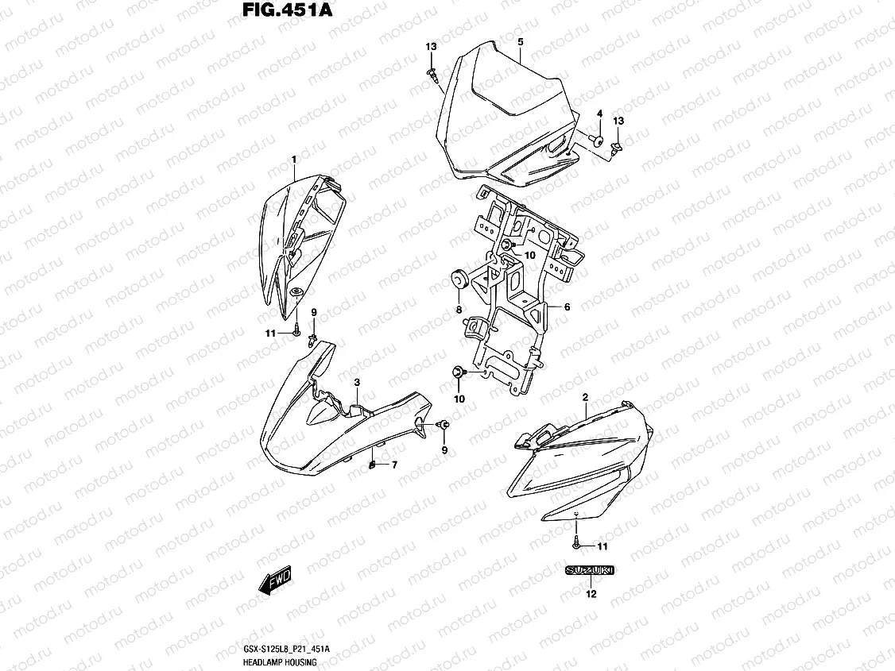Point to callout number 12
pyautogui.click(x=590, y=593)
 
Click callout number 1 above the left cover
pyautogui.click(x=293, y=160)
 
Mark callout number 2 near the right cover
pyautogui.click(x=585, y=396)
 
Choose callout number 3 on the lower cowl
pyautogui.click(x=358, y=383)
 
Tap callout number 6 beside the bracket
pyautogui.click(x=568, y=307)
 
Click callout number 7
pyautogui.click(x=394, y=465)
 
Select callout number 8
pyautogui.click(x=459, y=308)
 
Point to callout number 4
pyautogui.click(x=599, y=114)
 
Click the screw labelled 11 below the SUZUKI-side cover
pyautogui.click(x=575, y=546)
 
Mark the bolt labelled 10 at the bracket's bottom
pyautogui.click(x=459, y=371)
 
